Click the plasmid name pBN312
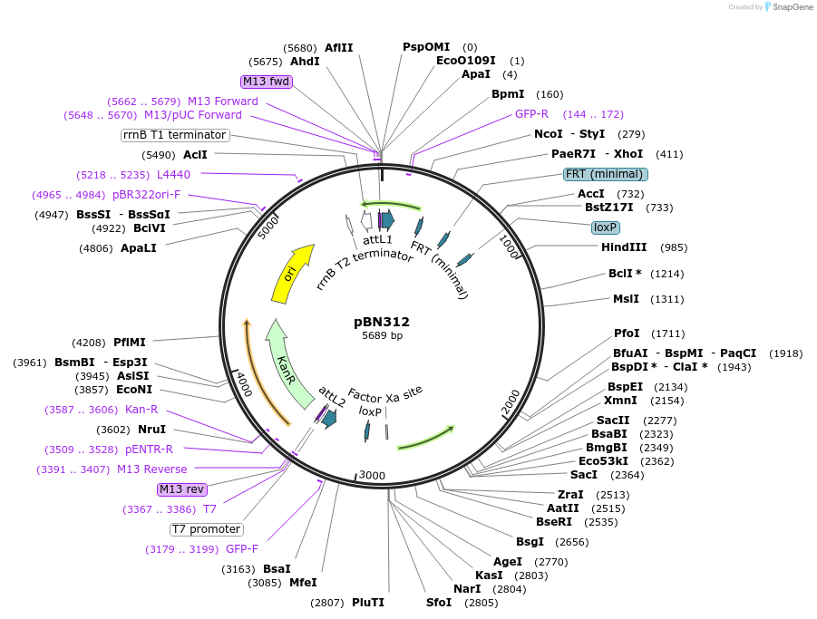[382, 322]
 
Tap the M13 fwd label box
[266, 82]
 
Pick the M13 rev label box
[181, 489]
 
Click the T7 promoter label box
[207, 529]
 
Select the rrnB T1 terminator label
[174, 135]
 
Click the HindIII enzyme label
[624, 247]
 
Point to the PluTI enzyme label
[368, 603]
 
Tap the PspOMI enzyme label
[427, 47]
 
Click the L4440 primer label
[173, 174]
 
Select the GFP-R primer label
[531, 114]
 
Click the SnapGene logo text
[791, 7]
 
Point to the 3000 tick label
[373, 475]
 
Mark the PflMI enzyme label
[129, 343]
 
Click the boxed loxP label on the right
[605, 227]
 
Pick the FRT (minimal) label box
[605, 174]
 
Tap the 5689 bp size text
[382, 336]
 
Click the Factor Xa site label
[385, 394]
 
